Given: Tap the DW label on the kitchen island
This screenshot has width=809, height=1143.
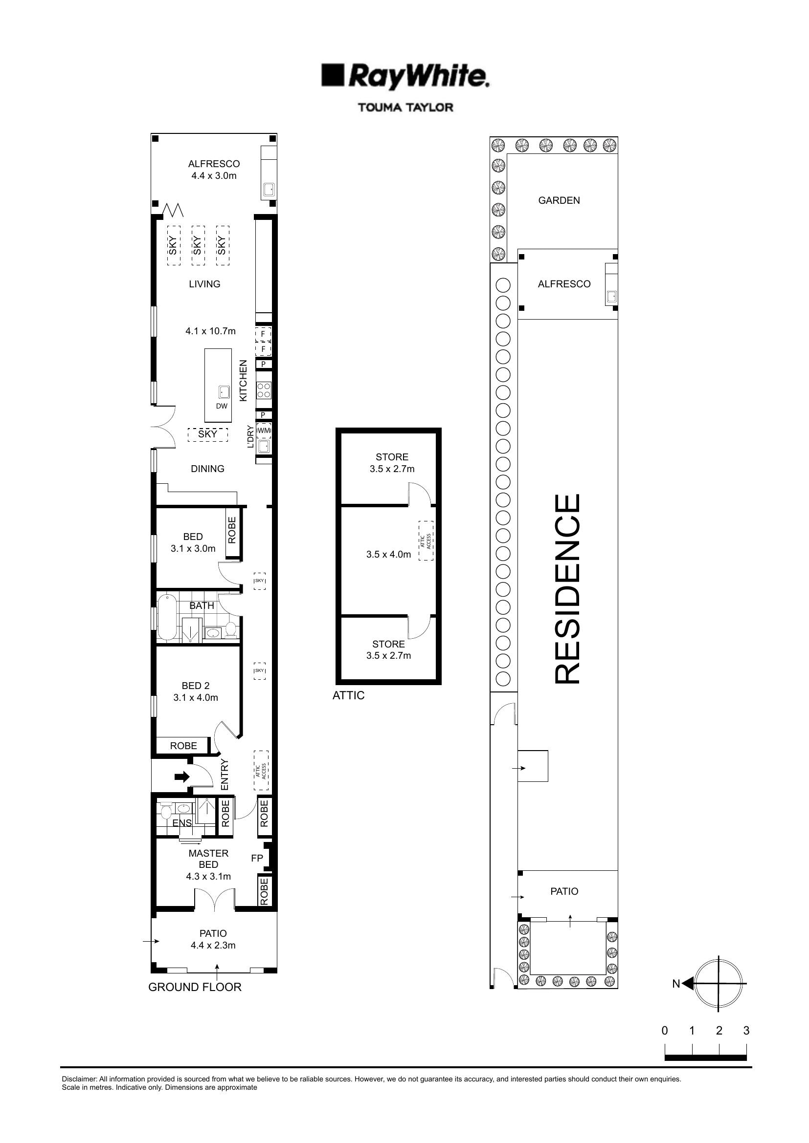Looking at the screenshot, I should coord(222,406).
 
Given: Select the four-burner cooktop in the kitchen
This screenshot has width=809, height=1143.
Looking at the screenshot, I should coord(264,390).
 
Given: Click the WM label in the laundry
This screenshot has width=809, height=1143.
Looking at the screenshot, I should coord(264,430).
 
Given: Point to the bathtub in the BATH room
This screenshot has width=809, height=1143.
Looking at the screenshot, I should coord(166,618).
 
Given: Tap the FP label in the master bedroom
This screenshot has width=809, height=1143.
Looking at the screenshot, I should coord(257,858).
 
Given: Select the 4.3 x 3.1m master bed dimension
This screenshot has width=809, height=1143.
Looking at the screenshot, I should coord(208,876).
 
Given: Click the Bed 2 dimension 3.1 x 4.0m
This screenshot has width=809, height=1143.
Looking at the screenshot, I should coord(195,697).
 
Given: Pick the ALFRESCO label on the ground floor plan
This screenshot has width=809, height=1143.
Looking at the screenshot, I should coord(214,163).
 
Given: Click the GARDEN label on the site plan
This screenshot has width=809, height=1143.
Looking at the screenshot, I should coord(559,200).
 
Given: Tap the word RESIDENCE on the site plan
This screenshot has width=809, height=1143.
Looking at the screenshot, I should coord(567,588).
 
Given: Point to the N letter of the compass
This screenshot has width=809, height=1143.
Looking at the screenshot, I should coord(676,984).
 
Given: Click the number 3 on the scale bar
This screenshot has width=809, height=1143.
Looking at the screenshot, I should coord(746,1031).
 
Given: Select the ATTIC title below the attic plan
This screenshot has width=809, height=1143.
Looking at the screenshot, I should coord(348,695).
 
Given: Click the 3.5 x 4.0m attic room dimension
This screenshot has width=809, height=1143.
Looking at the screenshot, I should coord(388,554).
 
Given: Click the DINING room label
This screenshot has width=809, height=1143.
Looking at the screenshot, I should coord(208,469).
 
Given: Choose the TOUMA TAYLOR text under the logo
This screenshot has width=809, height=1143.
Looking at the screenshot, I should coord(405,107).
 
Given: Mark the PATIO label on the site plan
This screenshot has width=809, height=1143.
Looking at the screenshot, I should coord(564,891).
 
